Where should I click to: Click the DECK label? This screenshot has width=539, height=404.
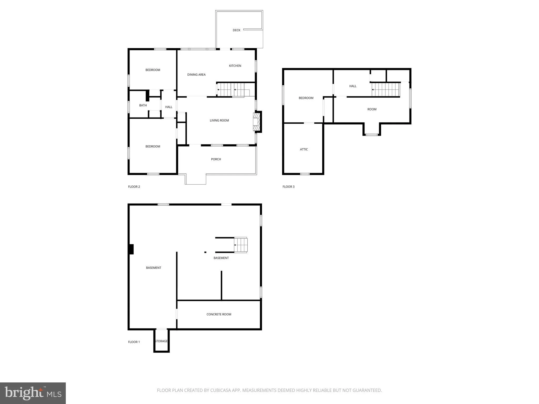click(236, 30)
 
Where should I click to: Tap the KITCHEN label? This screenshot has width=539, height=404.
click(235, 66)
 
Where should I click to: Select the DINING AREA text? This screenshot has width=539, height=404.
click(196, 75)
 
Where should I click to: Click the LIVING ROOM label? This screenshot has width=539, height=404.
click(219, 120)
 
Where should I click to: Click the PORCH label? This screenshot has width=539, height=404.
click(216, 159)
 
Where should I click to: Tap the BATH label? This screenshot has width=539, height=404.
click(143, 105)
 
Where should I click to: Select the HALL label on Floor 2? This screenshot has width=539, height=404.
click(169, 107)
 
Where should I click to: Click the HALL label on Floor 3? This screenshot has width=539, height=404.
click(353, 86)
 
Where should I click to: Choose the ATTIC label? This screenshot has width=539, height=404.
click(304, 149)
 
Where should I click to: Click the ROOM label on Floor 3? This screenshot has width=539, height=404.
click(372, 109)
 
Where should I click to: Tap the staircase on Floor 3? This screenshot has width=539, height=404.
click(386, 89)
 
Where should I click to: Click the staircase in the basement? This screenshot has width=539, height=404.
click(241, 245)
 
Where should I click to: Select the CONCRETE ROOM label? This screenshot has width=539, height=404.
click(219, 314)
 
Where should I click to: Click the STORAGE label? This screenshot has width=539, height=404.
click(161, 341)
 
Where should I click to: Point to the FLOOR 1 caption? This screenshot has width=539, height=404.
click(134, 342)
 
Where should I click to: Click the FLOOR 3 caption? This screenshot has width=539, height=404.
click(288, 187)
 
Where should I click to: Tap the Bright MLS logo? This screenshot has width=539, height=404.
click(33, 393)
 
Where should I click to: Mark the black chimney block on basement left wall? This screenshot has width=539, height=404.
click(131, 249)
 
